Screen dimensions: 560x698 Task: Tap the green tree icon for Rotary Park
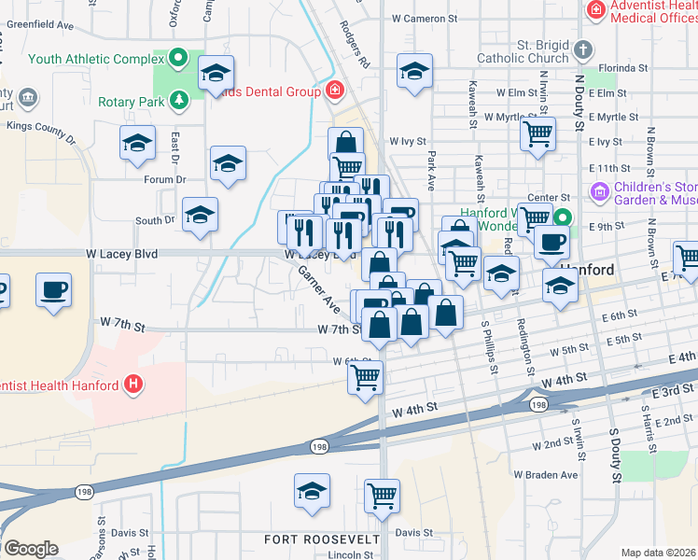177,101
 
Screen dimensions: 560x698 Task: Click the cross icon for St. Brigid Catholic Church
582,49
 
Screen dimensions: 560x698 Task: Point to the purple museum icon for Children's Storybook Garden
599,192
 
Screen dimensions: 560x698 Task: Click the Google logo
30,549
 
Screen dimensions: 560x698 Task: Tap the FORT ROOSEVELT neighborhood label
322,539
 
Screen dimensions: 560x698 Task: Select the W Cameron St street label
425,18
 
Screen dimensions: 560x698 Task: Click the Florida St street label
624,68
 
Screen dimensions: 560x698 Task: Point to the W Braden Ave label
546,474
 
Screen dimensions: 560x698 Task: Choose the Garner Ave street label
318,288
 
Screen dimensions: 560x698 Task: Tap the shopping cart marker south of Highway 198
382,495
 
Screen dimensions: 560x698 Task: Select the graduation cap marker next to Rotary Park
216,73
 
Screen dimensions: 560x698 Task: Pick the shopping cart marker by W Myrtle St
538,133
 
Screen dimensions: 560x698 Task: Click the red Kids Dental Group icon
334,91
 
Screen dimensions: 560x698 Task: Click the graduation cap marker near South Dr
200,215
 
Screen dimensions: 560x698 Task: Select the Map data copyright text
659,553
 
